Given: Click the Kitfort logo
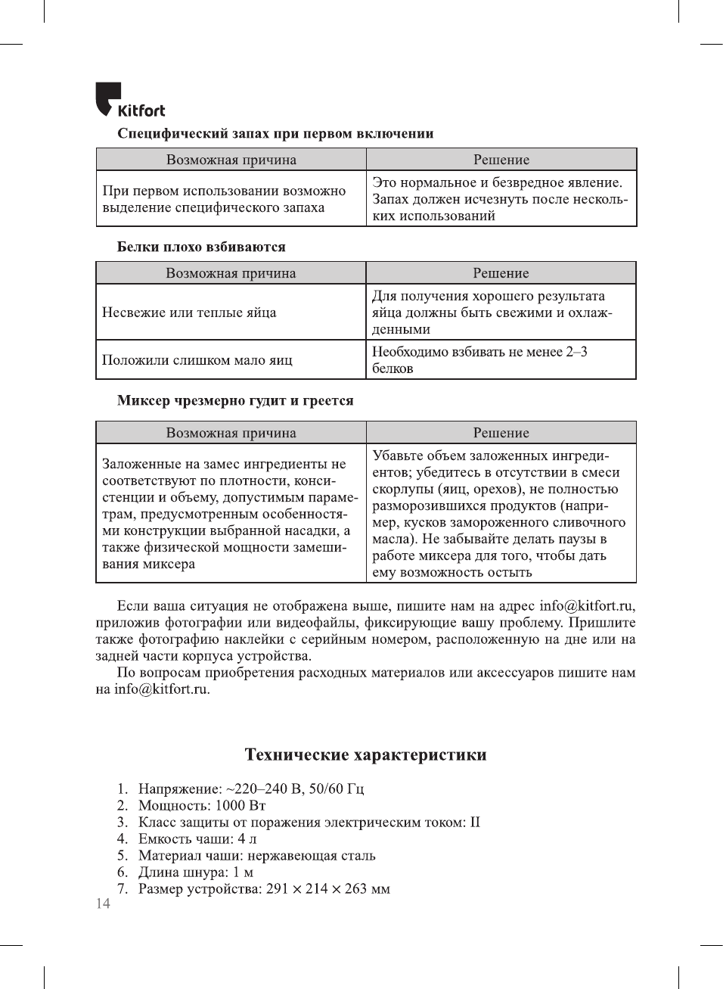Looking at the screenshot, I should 130,101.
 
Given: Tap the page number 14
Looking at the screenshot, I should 103,903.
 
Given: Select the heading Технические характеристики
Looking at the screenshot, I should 365,754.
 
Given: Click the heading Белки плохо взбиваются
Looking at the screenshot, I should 201,247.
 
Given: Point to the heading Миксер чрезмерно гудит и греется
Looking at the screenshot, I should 235,400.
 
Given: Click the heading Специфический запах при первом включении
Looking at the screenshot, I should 275,134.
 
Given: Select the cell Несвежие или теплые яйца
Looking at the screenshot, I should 189,313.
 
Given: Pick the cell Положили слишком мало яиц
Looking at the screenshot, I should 197,360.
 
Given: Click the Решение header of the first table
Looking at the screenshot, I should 501,160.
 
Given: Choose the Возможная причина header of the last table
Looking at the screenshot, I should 231,433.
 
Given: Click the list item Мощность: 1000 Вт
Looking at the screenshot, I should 202,805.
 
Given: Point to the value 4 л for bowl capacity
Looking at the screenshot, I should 247,838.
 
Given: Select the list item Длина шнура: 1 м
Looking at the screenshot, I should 196,872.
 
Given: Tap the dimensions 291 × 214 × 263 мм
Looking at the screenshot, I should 328,888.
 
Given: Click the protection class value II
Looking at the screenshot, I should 475,822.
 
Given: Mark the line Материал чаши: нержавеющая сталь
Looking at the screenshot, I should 256,855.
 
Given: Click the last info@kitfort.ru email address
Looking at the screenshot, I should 161,689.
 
